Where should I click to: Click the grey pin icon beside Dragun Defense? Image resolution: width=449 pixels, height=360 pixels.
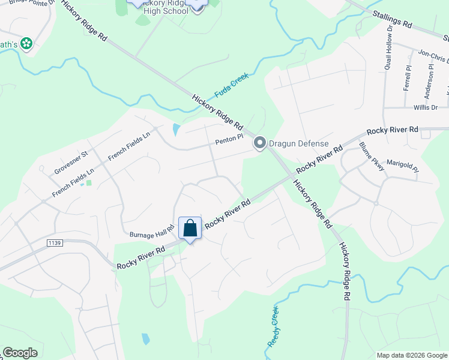pyautogui.click(x=259, y=143)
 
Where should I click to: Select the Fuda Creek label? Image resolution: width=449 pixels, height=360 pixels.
pyautogui.click(x=232, y=86)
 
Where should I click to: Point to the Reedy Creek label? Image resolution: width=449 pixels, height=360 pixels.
pyautogui.click(x=273, y=326)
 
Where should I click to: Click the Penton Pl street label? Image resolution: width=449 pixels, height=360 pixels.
pyautogui.click(x=229, y=138)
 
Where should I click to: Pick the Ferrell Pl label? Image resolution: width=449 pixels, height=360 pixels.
pyautogui.click(x=408, y=78)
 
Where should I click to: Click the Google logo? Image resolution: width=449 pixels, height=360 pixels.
pyautogui.click(x=20, y=353)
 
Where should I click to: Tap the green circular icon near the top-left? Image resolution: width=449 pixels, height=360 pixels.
pyautogui.click(x=26, y=43)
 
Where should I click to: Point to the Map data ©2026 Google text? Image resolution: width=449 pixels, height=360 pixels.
pyautogui.click(x=411, y=355)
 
